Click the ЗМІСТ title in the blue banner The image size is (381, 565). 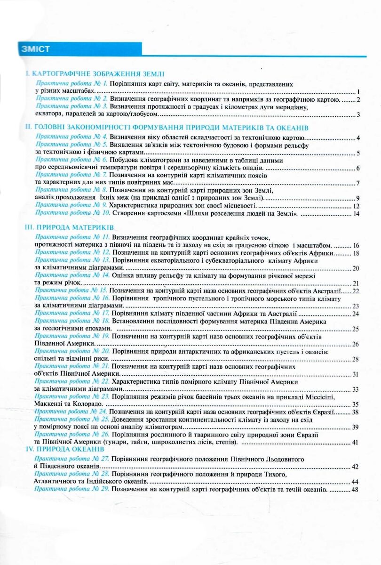tap(35, 49)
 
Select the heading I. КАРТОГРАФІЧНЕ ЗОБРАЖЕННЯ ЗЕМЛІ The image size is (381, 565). tap(95, 74)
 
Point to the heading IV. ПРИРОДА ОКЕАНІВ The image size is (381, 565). tap(66, 450)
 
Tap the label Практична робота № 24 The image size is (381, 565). tap(71, 412)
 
